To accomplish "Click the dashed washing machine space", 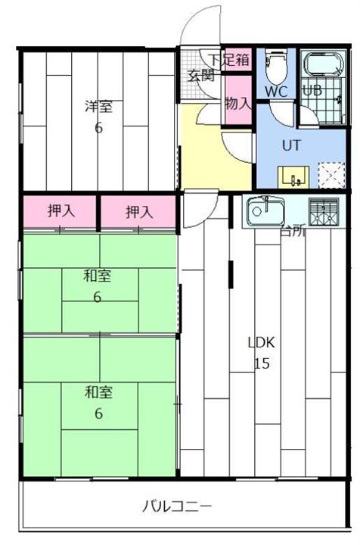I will pyautogui.click(x=330, y=176).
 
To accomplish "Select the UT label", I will pyautogui.click(x=291, y=144).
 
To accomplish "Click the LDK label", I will pyautogui.click(x=262, y=342).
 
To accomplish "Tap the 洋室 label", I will pyautogui.click(x=98, y=107).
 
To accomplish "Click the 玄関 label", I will pyautogui.click(x=200, y=75).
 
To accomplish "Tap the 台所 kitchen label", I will pyautogui.click(x=292, y=232).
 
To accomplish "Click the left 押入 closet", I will pyautogui.click(x=61, y=212).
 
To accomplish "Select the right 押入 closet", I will pyautogui.click(x=139, y=212).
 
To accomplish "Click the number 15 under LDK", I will pyautogui.click(x=262, y=363).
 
